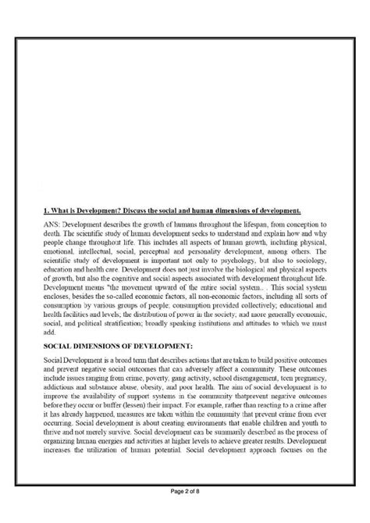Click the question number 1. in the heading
click(x=47, y=211)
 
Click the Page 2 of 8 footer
click(x=184, y=512)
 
